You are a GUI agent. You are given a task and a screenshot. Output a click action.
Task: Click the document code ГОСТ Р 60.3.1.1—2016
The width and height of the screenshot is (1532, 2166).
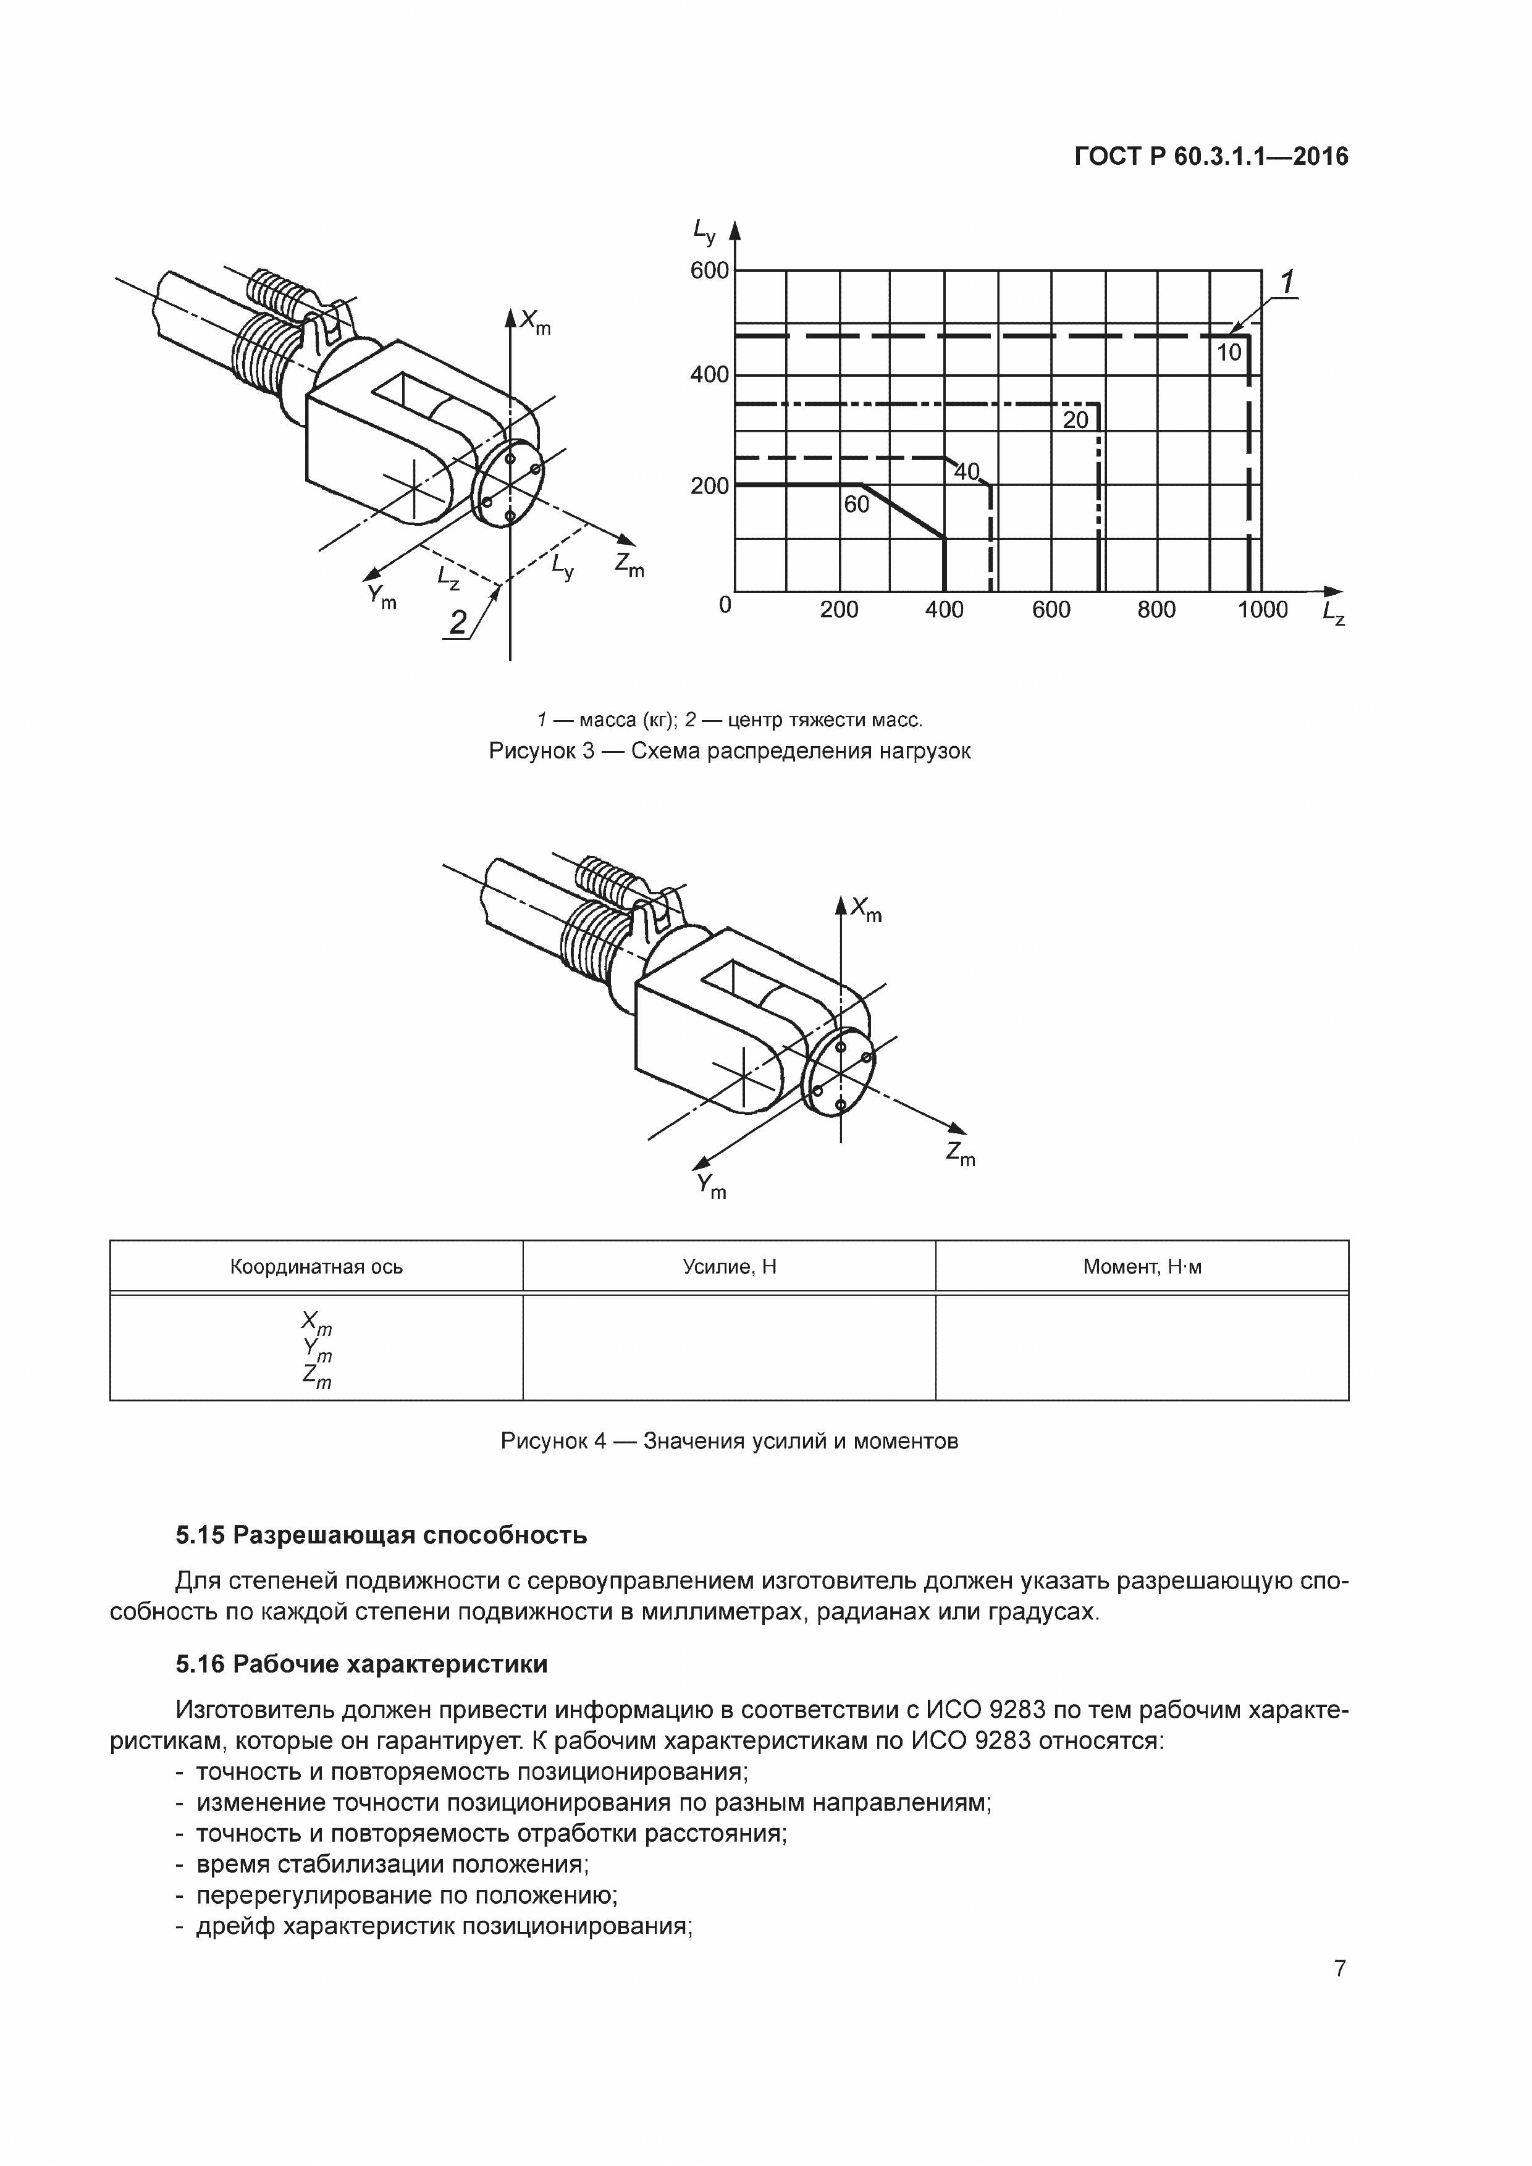pos(1211,157)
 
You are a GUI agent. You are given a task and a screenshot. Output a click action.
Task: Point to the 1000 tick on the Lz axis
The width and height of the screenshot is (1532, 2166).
pos(1262,610)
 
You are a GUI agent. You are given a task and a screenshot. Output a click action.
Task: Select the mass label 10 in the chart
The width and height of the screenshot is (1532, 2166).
pos(1228,353)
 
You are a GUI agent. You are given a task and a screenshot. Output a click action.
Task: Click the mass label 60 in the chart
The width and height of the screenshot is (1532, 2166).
pos(857,505)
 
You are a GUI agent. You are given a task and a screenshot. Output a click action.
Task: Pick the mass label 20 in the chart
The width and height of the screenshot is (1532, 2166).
pos(1075,421)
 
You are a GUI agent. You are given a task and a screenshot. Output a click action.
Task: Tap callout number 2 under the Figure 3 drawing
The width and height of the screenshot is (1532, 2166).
pos(458,623)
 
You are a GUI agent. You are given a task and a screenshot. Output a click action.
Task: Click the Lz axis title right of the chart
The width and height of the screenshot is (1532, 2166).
pos(1334,613)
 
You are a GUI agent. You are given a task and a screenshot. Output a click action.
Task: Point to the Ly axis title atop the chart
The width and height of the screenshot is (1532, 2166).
pos(704,229)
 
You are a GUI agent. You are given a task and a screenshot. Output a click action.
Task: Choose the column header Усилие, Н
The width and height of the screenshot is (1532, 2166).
pos(729,1267)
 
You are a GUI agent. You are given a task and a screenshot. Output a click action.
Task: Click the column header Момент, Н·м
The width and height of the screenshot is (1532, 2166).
pos(1142,1267)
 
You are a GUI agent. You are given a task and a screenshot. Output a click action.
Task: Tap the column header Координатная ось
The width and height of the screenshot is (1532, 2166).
pos(316,1267)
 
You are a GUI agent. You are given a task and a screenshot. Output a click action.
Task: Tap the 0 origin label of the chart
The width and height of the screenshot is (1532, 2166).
pos(725,605)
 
